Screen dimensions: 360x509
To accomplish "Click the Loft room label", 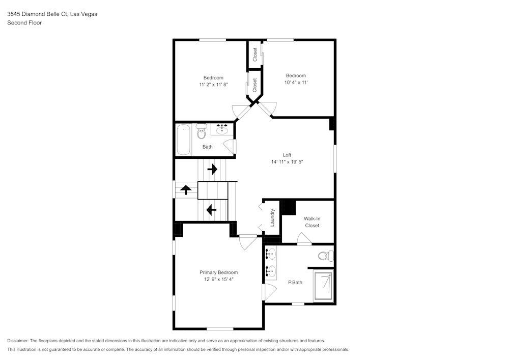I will [287, 155].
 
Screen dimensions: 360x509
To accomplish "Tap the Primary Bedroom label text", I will [218, 272].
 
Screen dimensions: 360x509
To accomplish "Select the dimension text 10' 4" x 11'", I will [296, 82].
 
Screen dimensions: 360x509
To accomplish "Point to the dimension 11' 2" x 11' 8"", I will [213, 85].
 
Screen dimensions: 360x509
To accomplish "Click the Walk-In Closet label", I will [312, 222].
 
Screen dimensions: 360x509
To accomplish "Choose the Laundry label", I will [273, 217].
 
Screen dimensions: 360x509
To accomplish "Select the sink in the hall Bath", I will [222, 129].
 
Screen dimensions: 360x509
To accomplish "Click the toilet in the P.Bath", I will [324, 255].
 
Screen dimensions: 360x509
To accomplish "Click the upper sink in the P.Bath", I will [271, 253].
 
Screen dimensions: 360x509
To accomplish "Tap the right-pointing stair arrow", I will [212, 169].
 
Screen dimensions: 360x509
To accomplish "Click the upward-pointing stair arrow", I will [186, 190].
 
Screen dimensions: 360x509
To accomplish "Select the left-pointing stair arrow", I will [209, 209].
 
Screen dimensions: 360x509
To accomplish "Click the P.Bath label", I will [295, 283].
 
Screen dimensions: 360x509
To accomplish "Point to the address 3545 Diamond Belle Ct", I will [45, 14].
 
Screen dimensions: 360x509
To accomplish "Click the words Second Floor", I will [24, 23].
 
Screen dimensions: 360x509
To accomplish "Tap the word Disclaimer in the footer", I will [18, 341].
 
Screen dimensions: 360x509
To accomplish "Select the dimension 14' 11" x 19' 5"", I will [287, 162].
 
